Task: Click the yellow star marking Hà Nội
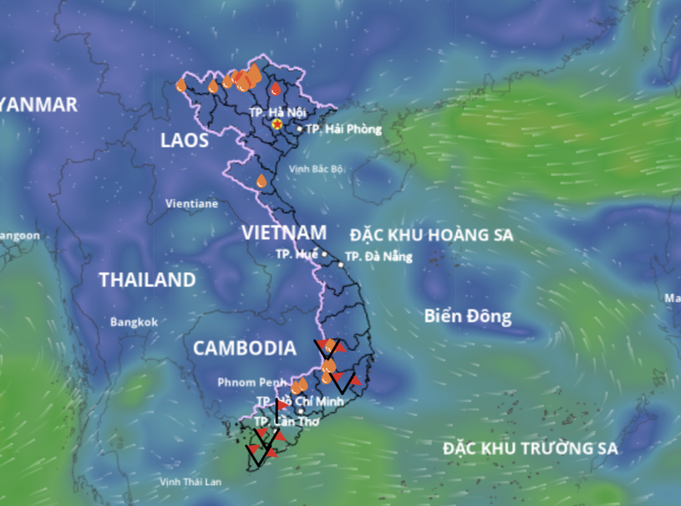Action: (x=277, y=124)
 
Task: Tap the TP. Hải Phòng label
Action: (x=344, y=129)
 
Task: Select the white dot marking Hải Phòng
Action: (x=300, y=128)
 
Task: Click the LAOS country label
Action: (x=184, y=140)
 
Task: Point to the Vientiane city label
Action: (x=192, y=203)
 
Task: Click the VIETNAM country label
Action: (x=284, y=233)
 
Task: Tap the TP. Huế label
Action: (x=296, y=254)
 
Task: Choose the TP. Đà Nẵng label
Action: (x=379, y=256)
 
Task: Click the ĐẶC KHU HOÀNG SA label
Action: (x=431, y=235)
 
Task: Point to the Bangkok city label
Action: (x=134, y=322)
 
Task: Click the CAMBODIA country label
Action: (x=244, y=348)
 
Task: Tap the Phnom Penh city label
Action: (x=246, y=382)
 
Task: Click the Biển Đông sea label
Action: (x=467, y=316)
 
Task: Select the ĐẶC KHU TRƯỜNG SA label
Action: (x=530, y=449)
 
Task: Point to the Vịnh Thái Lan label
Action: (x=190, y=481)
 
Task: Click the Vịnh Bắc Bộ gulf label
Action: (x=316, y=169)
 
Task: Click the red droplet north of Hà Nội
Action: (x=276, y=89)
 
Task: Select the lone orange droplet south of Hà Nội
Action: (x=261, y=181)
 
